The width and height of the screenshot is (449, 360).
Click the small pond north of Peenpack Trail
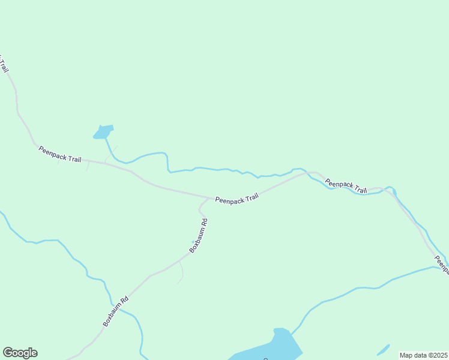coord(104,131)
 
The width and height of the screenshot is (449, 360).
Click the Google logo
coord(20,353)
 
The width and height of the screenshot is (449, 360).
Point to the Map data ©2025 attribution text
coord(423,355)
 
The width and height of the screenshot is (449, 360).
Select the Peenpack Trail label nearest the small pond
coord(59,154)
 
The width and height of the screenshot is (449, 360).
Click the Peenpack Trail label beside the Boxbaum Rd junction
coord(237,199)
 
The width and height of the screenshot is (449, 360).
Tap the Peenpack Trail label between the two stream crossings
coord(346,185)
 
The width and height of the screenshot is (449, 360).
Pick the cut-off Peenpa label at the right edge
coord(442,263)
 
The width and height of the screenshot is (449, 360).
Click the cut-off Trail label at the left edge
coord(4,64)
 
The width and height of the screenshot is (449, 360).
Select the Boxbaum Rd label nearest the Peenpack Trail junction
coord(199,235)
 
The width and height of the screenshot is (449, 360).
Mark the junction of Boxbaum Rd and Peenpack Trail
coord(209,197)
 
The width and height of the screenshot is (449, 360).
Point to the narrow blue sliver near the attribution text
coord(382,349)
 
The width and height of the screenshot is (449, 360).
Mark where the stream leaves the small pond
coord(106,139)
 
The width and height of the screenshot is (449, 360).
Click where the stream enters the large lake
coord(293,331)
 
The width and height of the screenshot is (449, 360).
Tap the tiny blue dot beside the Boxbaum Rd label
coord(193,242)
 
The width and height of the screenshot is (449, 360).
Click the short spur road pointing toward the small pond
coord(110,154)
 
